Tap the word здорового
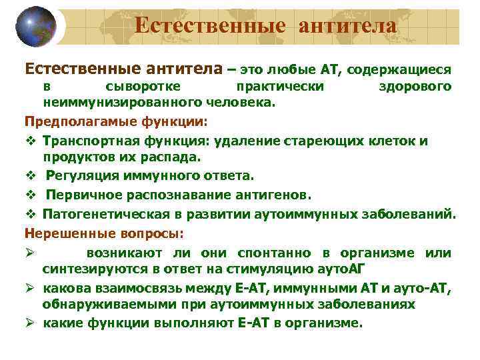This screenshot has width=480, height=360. (415, 86)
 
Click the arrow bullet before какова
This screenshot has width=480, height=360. (29, 289)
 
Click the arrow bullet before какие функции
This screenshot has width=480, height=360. (29, 323)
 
